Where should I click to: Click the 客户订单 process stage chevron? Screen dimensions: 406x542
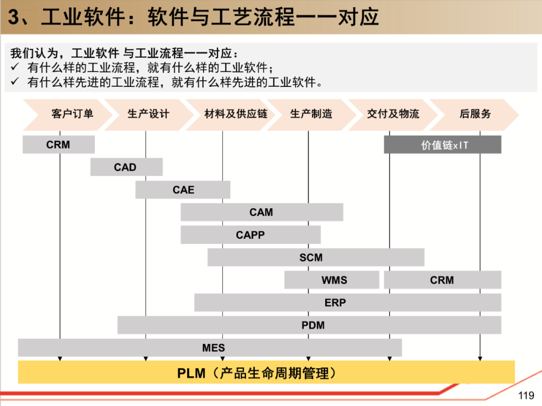click(72, 114)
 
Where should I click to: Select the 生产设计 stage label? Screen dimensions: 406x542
click(148, 114)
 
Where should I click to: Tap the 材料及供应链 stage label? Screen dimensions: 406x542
click(236, 114)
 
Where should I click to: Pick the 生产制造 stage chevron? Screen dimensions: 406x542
click(311, 114)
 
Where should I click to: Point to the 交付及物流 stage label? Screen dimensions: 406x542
click(393, 114)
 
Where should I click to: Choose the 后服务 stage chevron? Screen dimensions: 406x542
click(475, 114)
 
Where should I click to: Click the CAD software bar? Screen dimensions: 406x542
click(125, 167)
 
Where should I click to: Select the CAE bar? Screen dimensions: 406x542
click(183, 190)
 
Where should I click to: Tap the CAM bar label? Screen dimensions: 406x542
click(261, 212)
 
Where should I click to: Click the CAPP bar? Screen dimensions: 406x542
click(250, 235)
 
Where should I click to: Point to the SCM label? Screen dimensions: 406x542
click(311, 257)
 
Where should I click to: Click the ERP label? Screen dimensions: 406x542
click(335, 303)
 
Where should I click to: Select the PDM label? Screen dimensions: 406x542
click(313, 325)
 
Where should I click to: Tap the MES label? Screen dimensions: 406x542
click(214, 348)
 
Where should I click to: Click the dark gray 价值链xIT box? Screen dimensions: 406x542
click(443, 145)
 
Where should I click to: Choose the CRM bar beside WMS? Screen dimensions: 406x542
click(442, 280)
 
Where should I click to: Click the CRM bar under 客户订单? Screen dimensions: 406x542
click(58, 145)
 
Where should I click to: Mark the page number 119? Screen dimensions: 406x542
click(526, 395)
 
